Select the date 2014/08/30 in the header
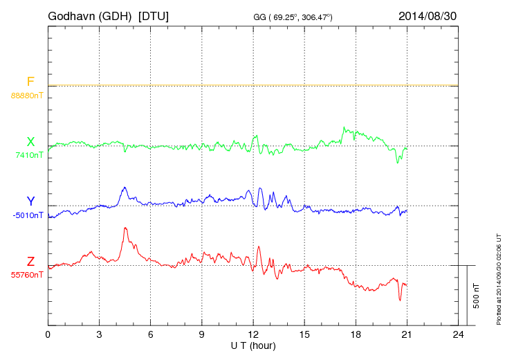tap(427, 16)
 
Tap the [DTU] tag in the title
tap(154, 16)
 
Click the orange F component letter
tap(30, 82)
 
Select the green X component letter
tap(30, 142)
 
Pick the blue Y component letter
tap(30, 201)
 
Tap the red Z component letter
tap(30, 262)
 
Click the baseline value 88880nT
tap(26, 95)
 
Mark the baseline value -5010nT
tap(28, 215)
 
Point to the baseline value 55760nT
tap(26, 275)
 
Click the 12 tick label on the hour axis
tap(253, 334)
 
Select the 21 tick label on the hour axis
tap(407, 334)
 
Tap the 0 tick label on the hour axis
tap(48, 334)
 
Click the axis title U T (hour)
tap(253, 345)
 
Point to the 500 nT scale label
tap(477, 296)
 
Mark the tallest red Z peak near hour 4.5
tap(125, 228)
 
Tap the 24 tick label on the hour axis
tap(458, 334)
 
